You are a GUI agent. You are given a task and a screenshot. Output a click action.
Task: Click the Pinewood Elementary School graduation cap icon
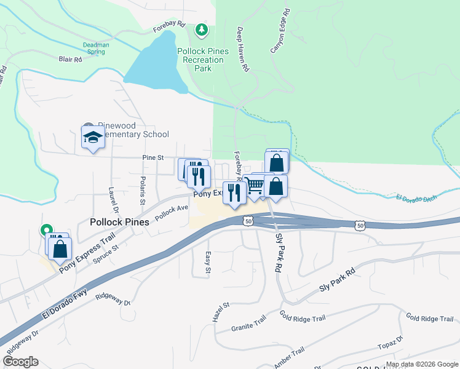click(93, 137)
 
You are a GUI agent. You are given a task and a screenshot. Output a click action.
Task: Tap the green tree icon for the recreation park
click(201, 30)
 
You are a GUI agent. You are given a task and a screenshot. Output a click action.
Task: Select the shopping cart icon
click(255, 185)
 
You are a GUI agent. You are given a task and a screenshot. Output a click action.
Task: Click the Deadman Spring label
click(96, 48)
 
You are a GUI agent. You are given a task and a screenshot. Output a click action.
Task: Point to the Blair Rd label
click(70, 60)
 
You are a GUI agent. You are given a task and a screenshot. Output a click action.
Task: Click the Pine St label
click(153, 158)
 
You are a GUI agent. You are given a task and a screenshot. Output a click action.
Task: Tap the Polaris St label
click(142, 193)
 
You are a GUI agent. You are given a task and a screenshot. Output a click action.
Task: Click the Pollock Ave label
click(172, 213)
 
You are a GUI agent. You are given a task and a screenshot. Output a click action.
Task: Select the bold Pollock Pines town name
click(120, 222)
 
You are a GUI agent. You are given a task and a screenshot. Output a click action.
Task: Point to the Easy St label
click(208, 263)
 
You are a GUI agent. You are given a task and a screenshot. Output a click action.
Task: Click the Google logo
click(20, 362)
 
